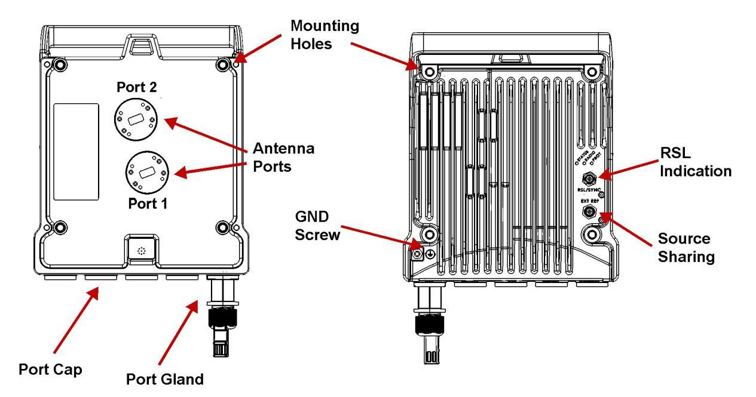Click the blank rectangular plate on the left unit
tap(76, 152)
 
